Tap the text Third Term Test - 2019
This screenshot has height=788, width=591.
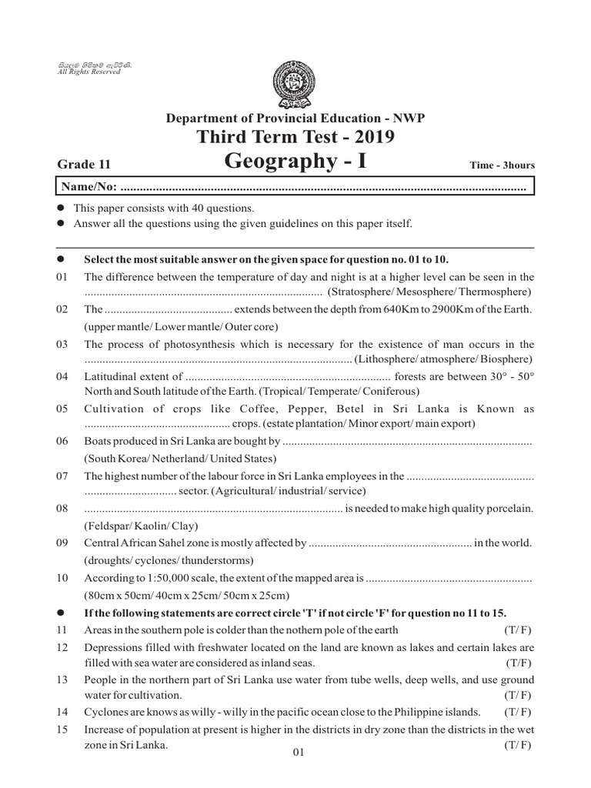(x=295, y=137)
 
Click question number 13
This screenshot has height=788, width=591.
(x=63, y=679)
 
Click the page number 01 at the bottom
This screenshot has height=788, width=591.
(x=299, y=755)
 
